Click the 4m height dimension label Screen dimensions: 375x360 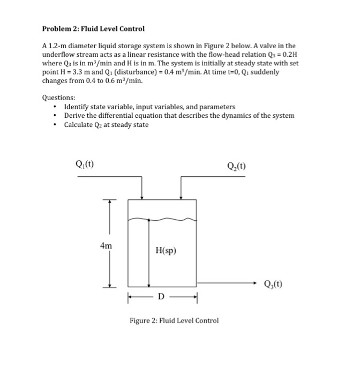(106, 245)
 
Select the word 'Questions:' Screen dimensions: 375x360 (58, 98)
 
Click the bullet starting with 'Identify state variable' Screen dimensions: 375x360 (149, 107)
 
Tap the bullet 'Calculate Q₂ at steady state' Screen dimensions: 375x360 (106, 125)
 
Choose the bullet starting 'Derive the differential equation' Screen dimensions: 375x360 (179, 116)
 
